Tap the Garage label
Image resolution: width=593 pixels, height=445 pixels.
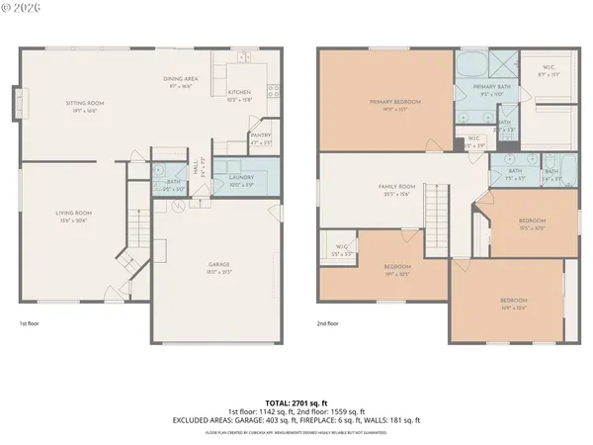tap(219, 264)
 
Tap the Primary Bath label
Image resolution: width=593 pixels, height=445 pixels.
tap(490, 88)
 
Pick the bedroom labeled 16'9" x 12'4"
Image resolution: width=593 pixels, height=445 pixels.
tap(512, 302)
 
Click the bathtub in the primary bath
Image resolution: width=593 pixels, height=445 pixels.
tap(470, 65)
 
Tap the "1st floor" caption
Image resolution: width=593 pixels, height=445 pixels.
tap(31, 323)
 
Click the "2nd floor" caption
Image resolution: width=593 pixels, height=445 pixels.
tap(328, 323)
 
